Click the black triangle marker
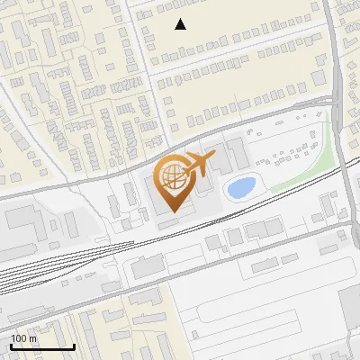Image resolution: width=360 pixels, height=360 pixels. (181, 24)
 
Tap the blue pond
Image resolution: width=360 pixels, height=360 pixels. (239, 187)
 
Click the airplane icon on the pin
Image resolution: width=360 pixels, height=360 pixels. (197, 165)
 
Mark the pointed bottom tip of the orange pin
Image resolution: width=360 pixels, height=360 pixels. (171, 212)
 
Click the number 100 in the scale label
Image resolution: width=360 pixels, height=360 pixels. (18, 338)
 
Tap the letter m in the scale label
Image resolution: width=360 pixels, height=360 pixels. (32, 338)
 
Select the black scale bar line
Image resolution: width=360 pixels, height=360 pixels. (41, 346)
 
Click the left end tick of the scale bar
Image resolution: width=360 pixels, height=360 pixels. (10, 345)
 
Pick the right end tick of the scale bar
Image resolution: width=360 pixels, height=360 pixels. (74, 345)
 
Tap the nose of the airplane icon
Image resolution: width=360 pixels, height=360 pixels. (214, 157)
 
